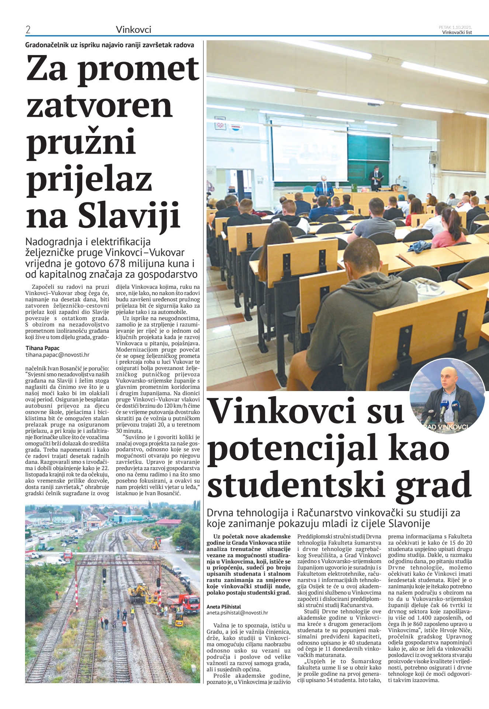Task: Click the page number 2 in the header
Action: pyautogui.click(x=28, y=30)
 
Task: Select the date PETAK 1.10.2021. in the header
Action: pyautogui.click(x=455, y=27)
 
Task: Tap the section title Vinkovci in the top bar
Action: pyautogui.click(x=133, y=30)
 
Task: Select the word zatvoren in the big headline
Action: pyautogui.click(x=99, y=106)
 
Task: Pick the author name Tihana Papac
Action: pyautogui.click(x=42, y=348)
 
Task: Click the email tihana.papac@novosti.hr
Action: pyautogui.click(x=58, y=355)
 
